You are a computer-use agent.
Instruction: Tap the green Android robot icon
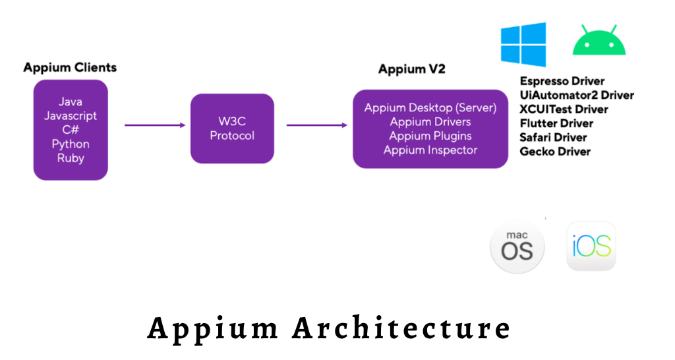pos(599,42)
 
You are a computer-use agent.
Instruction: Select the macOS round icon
pos(517,247)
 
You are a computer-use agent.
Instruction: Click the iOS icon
pos(591,246)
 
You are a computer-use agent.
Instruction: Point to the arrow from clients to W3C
pos(154,125)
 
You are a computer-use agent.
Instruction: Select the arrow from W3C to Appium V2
pos(317,125)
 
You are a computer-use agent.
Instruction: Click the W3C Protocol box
pos(232,129)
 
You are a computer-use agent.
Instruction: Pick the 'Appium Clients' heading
pos(70,67)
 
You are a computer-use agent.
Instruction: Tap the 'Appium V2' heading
pos(411,69)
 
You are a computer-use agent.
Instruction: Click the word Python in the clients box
pos(71,144)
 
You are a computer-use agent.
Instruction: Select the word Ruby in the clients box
pos(71,158)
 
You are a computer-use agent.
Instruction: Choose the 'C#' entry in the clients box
pos(71,130)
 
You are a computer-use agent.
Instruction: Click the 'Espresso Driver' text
pos(562,81)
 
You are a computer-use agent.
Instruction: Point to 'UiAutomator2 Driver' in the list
pos(577,95)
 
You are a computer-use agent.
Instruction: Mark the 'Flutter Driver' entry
pos(556,123)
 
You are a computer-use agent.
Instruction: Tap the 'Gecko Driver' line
pos(555,152)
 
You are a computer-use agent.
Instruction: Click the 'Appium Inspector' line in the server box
pos(430,150)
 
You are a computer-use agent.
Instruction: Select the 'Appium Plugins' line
pos(430,136)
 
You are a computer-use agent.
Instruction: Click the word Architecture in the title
pos(401,328)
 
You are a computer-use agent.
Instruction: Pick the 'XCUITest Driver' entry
pos(564,109)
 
